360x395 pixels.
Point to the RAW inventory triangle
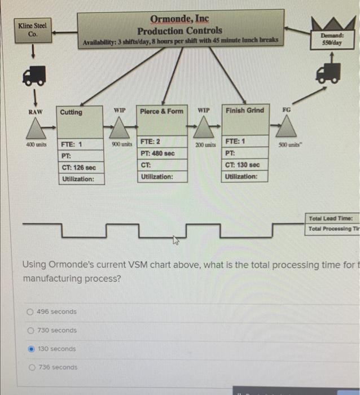pos(36,129)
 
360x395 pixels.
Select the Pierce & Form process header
pos(162,111)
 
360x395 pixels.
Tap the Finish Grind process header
pos(244,110)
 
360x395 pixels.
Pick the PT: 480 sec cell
pos(162,153)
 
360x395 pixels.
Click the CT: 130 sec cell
pos(244,164)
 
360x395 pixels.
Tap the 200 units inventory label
pos(205,145)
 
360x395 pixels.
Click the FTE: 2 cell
pos(162,141)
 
